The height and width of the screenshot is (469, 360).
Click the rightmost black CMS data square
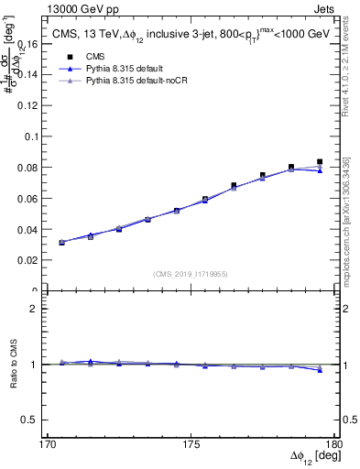tap(320, 162)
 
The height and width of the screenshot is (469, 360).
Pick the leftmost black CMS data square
tap(61, 243)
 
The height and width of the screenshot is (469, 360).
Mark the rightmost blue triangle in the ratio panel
tap(320, 370)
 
